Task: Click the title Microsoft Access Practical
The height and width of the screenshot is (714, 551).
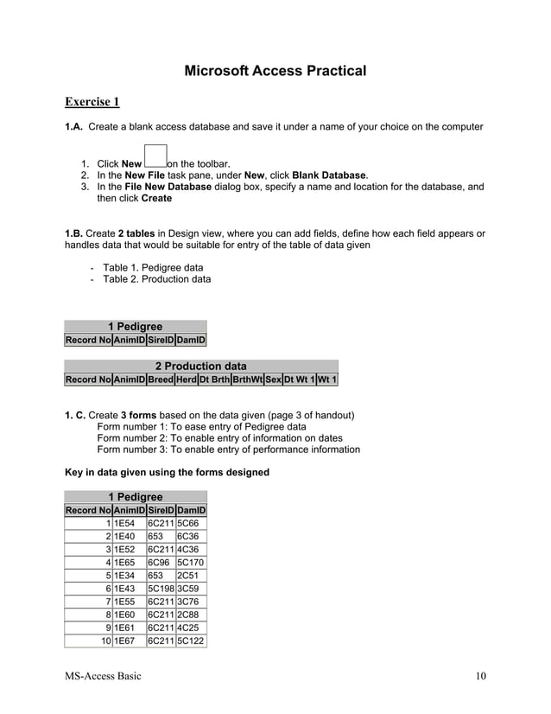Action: coord(275,70)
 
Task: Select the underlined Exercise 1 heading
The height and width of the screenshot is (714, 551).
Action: coord(92,103)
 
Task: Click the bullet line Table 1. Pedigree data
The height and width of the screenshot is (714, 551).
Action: coord(153,268)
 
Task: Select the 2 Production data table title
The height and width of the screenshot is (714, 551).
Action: coord(200,367)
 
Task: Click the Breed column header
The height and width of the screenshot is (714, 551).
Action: coord(160,379)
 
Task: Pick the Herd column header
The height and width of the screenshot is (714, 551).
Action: coord(186,379)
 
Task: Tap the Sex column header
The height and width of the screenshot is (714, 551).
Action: coord(273,379)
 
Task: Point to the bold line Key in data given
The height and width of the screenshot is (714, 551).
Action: coord(168,472)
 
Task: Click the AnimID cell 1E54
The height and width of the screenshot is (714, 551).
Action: coord(124,524)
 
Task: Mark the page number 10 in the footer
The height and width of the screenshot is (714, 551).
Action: coord(481,675)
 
